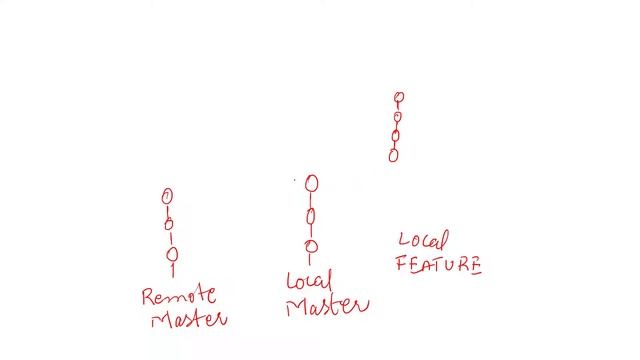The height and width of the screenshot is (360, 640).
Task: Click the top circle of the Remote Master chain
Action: coord(168,196)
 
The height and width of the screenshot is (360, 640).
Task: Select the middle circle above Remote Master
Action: coord(170,224)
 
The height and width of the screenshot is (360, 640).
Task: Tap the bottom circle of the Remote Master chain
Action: coord(172,254)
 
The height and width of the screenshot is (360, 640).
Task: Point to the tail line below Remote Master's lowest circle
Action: coord(173,269)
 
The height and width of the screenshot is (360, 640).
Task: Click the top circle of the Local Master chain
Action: coord(312,183)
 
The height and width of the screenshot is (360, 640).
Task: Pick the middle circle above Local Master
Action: coord(311,215)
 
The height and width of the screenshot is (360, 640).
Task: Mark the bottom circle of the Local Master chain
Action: coord(312,247)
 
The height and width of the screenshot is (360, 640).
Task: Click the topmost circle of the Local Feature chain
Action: coord(399,98)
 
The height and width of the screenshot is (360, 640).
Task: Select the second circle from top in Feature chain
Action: coord(397,117)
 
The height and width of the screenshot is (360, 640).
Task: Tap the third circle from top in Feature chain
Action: coord(396,136)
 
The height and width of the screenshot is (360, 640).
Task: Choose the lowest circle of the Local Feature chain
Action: coord(394,155)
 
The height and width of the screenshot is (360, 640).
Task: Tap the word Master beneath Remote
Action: coord(189,319)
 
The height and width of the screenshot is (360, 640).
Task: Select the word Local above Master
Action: coord(309,281)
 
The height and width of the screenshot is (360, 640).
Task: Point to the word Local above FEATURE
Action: coord(423,241)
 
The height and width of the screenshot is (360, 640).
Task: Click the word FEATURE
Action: coord(439,264)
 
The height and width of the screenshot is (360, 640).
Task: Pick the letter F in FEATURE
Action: coord(403,265)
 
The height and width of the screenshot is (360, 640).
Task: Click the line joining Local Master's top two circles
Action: coord(311,199)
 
